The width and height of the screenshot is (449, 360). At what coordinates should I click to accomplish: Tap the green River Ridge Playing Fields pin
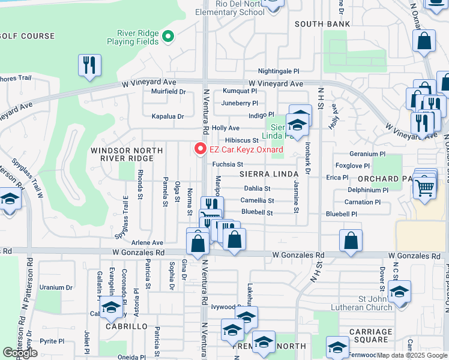[168, 37]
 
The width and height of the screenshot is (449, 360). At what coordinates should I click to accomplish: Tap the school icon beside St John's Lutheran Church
[399, 292]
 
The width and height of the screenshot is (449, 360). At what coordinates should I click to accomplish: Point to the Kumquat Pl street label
[240, 91]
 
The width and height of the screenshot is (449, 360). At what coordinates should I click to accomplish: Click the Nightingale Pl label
[279, 71]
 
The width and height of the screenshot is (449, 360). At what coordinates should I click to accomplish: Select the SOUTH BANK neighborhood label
[322, 24]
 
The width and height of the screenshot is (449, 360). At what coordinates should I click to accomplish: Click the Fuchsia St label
[227, 164]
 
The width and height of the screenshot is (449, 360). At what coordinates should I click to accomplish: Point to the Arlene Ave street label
[148, 242]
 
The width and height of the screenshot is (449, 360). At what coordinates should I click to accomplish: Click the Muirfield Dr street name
[169, 92]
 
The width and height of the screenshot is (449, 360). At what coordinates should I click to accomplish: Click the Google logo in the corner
[20, 353]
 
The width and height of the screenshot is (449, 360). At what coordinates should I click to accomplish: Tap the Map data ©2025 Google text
[412, 355]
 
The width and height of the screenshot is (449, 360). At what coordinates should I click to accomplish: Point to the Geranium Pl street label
[367, 154]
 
